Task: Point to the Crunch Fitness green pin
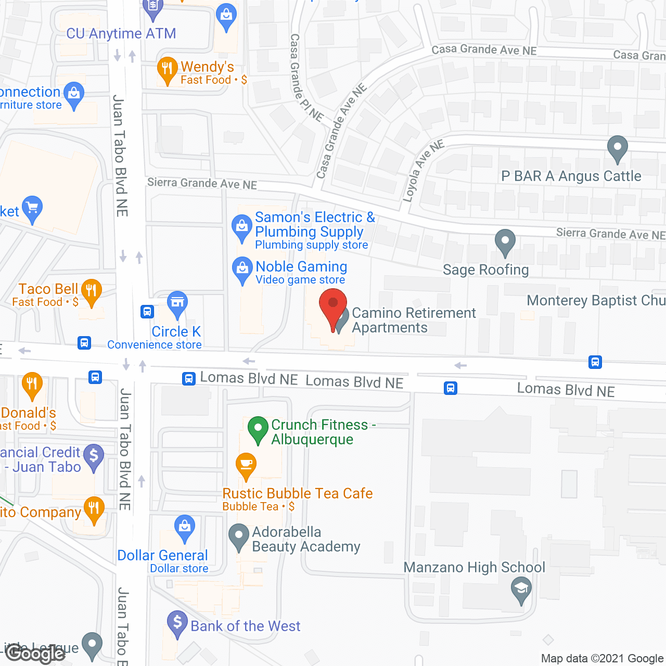(258, 429)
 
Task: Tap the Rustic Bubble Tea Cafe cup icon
(246, 465)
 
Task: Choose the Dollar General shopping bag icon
(185, 528)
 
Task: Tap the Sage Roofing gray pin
(505, 241)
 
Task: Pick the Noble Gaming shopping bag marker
(242, 270)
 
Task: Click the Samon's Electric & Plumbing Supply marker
(242, 227)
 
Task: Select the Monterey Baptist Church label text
(596, 301)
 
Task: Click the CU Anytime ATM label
(121, 34)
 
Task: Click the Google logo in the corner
(35, 653)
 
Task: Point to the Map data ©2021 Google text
(602, 659)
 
